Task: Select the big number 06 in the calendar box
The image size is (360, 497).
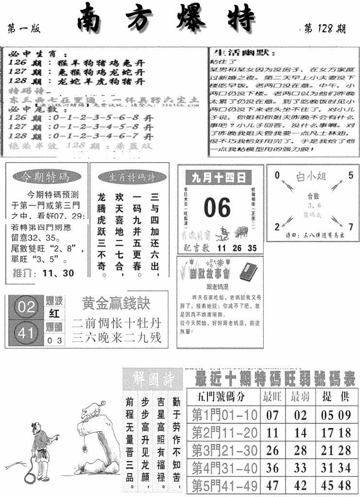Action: pos(217,208)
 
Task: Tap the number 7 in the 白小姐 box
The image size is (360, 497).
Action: pos(350,226)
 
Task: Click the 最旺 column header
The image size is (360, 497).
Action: pos(273,397)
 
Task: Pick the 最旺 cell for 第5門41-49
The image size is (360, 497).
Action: pos(273,485)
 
